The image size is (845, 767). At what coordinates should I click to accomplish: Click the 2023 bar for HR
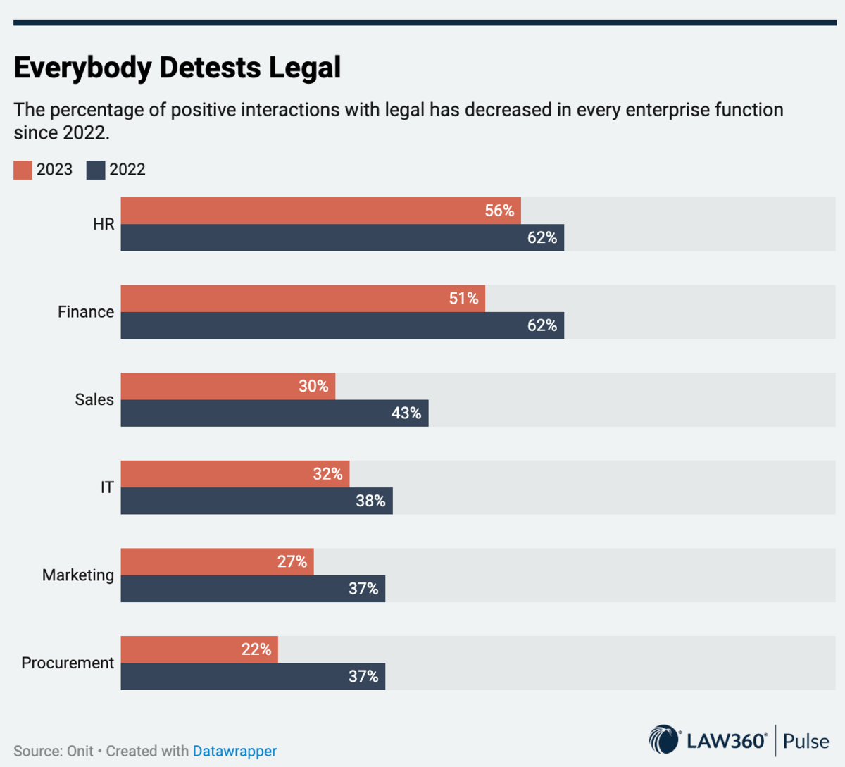(x=320, y=211)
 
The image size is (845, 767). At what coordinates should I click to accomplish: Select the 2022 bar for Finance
(x=342, y=325)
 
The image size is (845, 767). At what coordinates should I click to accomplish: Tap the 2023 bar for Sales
(x=227, y=386)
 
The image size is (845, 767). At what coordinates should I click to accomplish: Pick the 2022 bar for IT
(x=256, y=501)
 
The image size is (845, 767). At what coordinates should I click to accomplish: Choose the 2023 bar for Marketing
(x=217, y=561)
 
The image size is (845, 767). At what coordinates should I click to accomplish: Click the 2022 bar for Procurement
(x=253, y=676)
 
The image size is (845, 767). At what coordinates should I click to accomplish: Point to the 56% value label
(x=499, y=211)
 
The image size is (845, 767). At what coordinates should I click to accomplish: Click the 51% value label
(x=463, y=299)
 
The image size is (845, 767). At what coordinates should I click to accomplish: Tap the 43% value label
(x=406, y=413)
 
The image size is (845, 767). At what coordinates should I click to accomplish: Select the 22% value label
(x=256, y=649)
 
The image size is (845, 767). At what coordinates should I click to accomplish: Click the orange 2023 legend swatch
(x=23, y=170)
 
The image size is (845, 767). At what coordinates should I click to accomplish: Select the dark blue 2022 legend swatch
(x=96, y=170)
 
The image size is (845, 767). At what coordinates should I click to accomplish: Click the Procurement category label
(x=68, y=663)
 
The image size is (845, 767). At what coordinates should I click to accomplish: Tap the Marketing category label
(x=78, y=575)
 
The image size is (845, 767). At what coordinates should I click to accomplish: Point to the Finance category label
(x=86, y=312)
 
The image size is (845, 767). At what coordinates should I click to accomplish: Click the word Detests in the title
(x=210, y=68)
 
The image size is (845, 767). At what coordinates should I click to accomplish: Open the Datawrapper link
(x=234, y=752)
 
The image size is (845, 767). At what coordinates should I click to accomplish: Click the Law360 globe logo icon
(x=663, y=740)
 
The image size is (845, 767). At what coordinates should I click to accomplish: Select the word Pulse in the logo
(x=806, y=741)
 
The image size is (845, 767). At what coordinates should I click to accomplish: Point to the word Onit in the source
(x=80, y=752)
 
